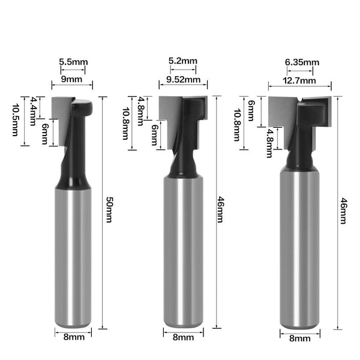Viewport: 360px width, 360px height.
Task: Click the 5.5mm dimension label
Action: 73,62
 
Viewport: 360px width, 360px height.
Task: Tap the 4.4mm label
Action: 34,107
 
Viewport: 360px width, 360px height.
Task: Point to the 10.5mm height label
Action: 15,120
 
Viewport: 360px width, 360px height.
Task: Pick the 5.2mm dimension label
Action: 182,61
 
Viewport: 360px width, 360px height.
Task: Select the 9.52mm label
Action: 184,79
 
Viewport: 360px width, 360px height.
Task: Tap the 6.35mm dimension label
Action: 302,62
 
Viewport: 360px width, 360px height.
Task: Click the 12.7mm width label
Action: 300,80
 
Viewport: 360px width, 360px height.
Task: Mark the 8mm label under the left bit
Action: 73,337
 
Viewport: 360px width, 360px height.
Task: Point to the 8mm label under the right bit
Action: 300,339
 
